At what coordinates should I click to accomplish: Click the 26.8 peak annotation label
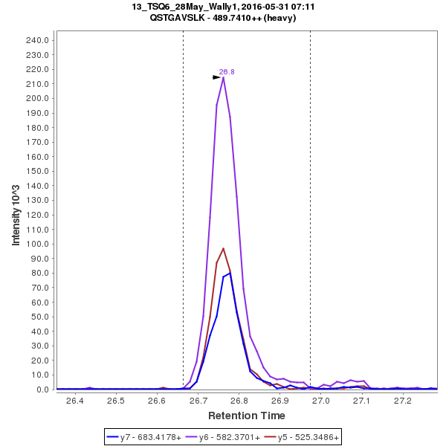click(227, 72)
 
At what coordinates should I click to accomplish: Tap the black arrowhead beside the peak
click(216, 77)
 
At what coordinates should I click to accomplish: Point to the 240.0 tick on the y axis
click(38, 40)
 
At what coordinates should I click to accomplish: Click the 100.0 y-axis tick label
click(38, 244)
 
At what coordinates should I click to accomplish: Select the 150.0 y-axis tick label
click(38, 171)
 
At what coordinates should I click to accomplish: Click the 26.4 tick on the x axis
click(74, 401)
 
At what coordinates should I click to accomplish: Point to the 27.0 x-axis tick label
click(320, 401)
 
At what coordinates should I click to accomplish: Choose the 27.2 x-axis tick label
click(402, 401)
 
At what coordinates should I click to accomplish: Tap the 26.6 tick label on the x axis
click(156, 401)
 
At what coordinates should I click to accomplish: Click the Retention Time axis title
click(246, 416)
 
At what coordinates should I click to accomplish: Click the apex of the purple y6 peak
click(223, 77)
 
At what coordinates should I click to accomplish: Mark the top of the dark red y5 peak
click(223, 248)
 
